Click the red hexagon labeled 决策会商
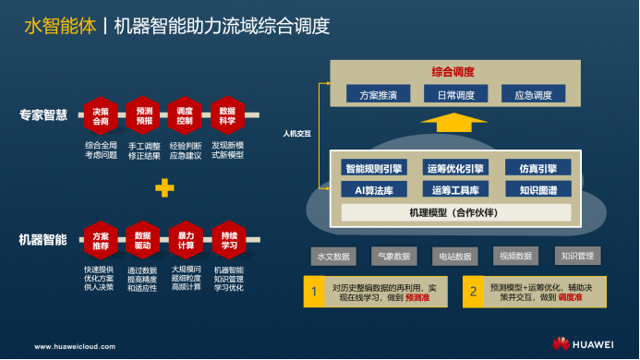pyautogui.click(x=100, y=116)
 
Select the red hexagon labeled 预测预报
pyautogui.click(x=143, y=116)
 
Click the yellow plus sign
pyautogui.click(x=164, y=188)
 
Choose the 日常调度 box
pyautogui.click(x=454, y=94)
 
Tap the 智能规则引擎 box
pyautogui.click(x=374, y=169)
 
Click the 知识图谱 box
pyautogui.click(x=537, y=190)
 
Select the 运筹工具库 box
pyautogui.click(x=454, y=190)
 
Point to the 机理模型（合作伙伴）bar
pyautogui.click(x=453, y=213)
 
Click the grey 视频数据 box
pyautogui.click(x=515, y=256)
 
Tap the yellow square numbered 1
pyautogui.click(x=314, y=292)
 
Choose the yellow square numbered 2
pyautogui.click(x=473, y=292)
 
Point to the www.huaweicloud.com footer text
pyautogui.click(x=76, y=347)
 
